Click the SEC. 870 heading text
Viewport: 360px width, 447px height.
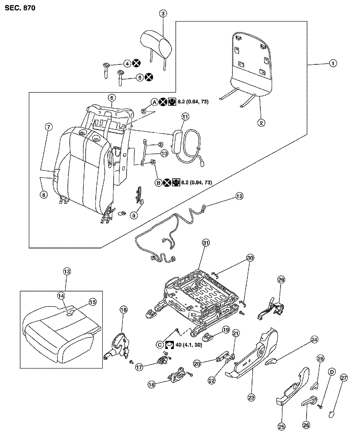[20, 8]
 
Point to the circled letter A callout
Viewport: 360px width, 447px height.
[154, 102]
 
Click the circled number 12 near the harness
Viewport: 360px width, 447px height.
[239, 196]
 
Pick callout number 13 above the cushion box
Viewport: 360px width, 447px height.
[66, 271]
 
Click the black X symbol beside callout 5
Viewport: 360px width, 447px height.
[149, 78]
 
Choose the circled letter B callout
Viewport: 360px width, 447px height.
[158, 183]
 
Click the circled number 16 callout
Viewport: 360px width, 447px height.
[123, 310]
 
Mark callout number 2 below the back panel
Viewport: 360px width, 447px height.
[261, 123]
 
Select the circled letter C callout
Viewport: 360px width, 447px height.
[160, 345]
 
